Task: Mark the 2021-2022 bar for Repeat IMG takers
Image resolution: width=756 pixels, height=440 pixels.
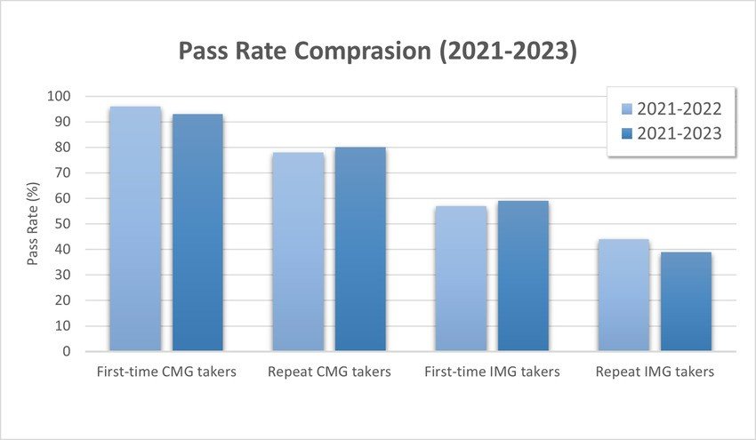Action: pos(623,295)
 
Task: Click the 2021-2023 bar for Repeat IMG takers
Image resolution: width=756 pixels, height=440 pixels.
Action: pos(686,301)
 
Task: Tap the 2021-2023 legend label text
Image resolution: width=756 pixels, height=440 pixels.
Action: pos(680,132)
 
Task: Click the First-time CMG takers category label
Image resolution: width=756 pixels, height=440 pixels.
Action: pos(166,372)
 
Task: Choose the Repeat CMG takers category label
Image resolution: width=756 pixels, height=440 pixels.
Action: pos(329,372)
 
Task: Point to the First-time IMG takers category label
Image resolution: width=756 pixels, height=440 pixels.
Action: pos(492,372)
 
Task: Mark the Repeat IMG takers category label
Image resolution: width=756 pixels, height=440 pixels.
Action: pos(655,372)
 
